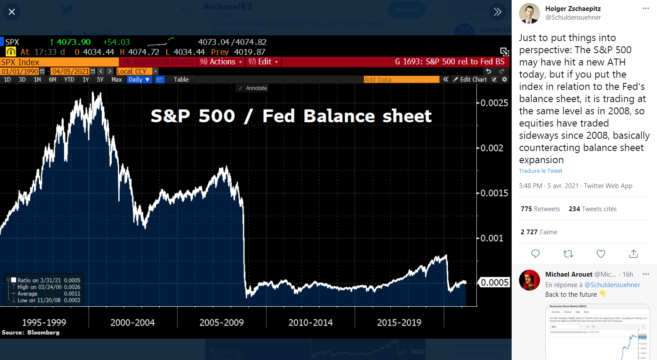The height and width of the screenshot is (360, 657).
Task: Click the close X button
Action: (12, 12)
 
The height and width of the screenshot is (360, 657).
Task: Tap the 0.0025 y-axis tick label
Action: (494, 103)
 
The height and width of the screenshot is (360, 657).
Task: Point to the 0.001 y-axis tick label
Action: (492, 238)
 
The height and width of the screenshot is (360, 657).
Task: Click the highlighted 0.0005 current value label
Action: (494, 283)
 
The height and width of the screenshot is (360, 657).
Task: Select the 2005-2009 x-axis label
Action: (221, 322)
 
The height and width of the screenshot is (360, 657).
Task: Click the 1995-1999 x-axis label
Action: (44, 322)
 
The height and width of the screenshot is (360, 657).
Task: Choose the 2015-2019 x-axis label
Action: (399, 322)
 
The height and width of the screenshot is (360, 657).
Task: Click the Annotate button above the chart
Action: (253, 88)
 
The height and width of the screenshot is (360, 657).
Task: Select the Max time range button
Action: (117, 79)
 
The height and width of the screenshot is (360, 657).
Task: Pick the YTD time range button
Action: (69, 79)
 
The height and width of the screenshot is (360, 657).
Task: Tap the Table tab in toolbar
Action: (181, 79)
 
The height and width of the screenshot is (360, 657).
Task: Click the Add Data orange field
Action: (401, 79)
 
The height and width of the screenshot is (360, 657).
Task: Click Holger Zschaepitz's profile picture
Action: (529, 14)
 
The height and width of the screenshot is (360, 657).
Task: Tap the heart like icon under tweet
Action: (601, 254)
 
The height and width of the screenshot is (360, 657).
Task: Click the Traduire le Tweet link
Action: (540, 171)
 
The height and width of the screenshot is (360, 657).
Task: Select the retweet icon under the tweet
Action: (568, 254)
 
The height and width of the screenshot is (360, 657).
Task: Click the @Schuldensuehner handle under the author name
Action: (573, 17)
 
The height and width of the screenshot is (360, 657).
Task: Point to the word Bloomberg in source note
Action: (43, 333)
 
